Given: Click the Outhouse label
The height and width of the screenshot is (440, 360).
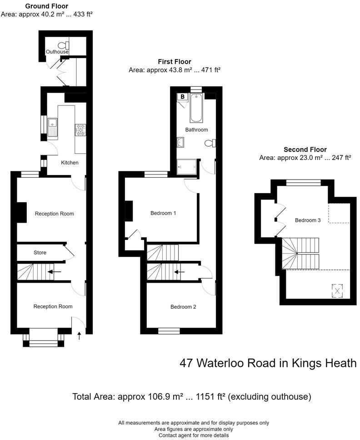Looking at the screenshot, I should (x=57, y=52).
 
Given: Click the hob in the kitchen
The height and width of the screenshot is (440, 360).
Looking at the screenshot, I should (x=80, y=130).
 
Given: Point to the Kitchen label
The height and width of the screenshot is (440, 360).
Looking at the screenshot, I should (x=70, y=162).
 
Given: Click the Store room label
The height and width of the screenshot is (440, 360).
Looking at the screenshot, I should (x=40, y=252).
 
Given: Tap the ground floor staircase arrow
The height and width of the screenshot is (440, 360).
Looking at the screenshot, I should (x=56, y=272).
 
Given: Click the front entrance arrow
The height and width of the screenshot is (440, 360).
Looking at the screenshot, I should (x=80, y=336).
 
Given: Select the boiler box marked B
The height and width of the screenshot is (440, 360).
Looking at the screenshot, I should (x=183, y=97).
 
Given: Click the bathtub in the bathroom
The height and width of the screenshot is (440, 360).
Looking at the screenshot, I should (x=196, y=108).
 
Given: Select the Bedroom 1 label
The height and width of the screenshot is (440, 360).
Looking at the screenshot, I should (x=163, y=213).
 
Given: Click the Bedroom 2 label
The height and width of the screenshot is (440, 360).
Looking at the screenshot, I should (x=183, y=307).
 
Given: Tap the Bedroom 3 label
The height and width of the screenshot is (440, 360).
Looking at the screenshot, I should (x=308, y=220).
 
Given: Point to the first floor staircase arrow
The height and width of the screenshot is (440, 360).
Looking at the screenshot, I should (x=179, y=272).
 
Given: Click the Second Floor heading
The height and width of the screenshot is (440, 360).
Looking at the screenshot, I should (x=305, y=150).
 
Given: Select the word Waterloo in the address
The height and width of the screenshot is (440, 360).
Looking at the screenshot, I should (x=219, y=363).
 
